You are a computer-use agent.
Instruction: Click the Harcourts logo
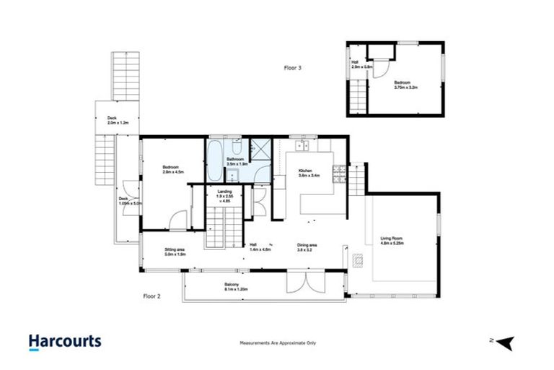pos(65,341)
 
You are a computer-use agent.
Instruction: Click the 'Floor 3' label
pos(293,67)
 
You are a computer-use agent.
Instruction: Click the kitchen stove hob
pos(338,173)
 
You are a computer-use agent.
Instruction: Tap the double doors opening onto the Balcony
pos(298,284)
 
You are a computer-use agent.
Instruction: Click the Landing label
pos(224,195)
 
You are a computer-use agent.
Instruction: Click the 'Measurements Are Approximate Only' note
pos(278,343)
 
